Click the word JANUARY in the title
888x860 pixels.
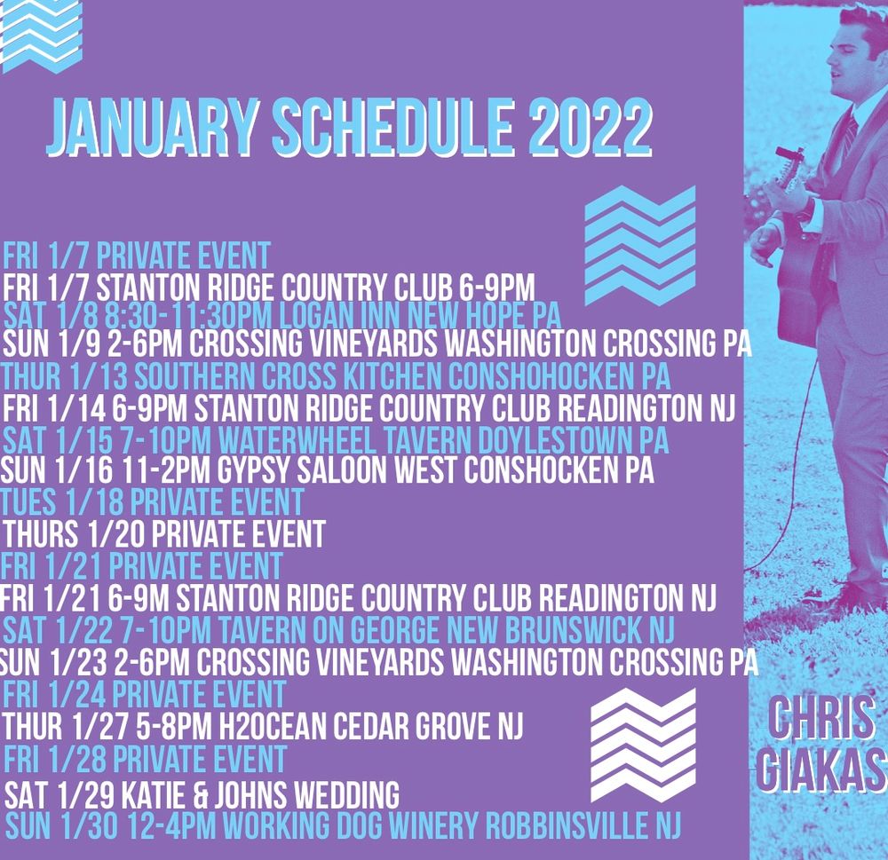point(151,128)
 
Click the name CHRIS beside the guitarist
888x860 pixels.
point(821,719)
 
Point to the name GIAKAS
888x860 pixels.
point(821,768)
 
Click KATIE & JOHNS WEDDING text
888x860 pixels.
point(260,794)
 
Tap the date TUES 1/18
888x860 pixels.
point(62,502)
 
